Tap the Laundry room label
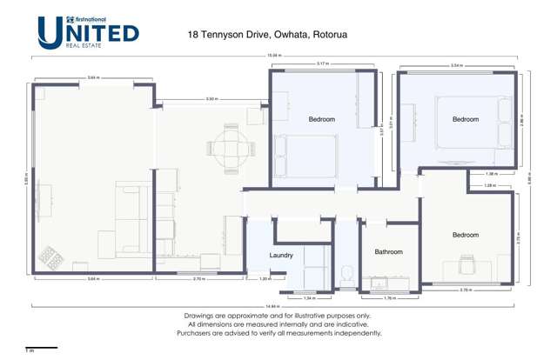(x=281, y=256)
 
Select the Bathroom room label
(x=388, y=252)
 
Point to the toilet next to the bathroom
(x=346, y=271)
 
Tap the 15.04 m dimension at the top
(x=272, y=57)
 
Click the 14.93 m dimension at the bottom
(x=272, y=306)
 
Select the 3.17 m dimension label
(x=322, y=64)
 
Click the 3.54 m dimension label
(x=456, y=65)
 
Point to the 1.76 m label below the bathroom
(x=390, y=297)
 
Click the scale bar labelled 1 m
(x=41, y=349)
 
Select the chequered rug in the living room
(x=52, y=259)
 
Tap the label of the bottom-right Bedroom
(x=465, y=235)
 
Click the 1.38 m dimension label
(x=489, y=175)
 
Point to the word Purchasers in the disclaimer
(x=198, y=333)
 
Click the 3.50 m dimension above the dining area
(x=211, y=99)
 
